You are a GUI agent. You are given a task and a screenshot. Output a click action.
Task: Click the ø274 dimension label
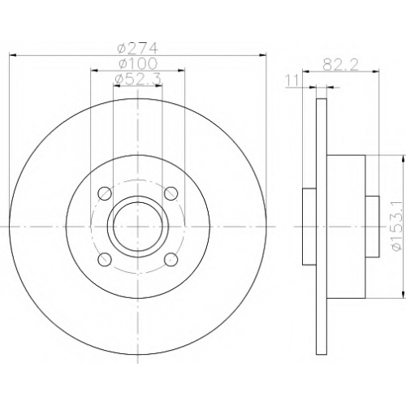click(137, 49)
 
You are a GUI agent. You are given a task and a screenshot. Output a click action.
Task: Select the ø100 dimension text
click(138, 64)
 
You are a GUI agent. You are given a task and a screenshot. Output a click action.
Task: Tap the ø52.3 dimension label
click(138, 79)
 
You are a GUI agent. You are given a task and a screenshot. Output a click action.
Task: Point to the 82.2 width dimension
click(341, 65)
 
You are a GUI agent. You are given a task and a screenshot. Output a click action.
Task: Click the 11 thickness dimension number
click(292, 80)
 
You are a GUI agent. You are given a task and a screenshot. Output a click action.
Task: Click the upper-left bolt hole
click(105, 193)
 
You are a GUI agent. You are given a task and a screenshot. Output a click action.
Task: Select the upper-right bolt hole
click(171, 193)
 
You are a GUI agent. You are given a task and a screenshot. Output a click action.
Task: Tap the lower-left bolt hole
click(105, 260)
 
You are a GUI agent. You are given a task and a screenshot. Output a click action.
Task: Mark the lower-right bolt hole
click(171, 260)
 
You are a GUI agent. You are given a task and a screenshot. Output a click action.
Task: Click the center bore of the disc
click(138, 227)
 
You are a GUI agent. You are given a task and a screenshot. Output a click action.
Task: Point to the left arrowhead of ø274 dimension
click(13, 55)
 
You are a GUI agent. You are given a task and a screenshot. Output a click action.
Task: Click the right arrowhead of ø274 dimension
click(262, 55)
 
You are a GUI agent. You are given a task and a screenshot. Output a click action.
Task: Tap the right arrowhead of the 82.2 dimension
click(376, 71)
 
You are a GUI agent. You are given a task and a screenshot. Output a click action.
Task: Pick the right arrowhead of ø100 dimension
click(181, 71)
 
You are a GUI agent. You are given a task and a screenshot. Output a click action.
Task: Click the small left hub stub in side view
click(309, 227)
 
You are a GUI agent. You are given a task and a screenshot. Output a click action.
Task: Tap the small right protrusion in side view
click(372, 227)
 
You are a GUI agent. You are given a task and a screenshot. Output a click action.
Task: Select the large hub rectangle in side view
click(346, 227)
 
